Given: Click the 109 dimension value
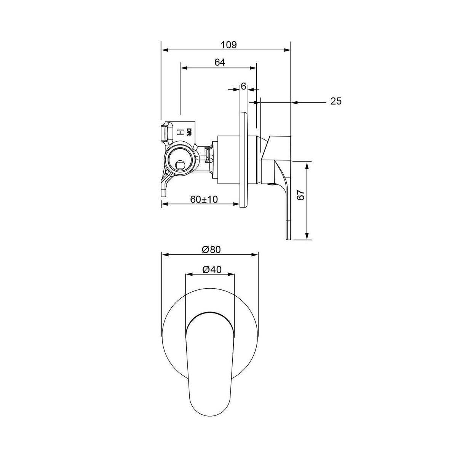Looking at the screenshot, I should [x=229, y=45].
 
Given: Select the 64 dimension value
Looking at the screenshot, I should [x=220, y=62].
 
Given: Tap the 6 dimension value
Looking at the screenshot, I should [x=243, y=86].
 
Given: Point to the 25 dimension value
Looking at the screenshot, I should [x=336, y=101].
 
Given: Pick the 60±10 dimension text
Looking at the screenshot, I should [x=204, y=200].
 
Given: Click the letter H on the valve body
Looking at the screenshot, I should [x=179, y=132].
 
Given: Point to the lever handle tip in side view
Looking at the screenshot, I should [x=288, y=237].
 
